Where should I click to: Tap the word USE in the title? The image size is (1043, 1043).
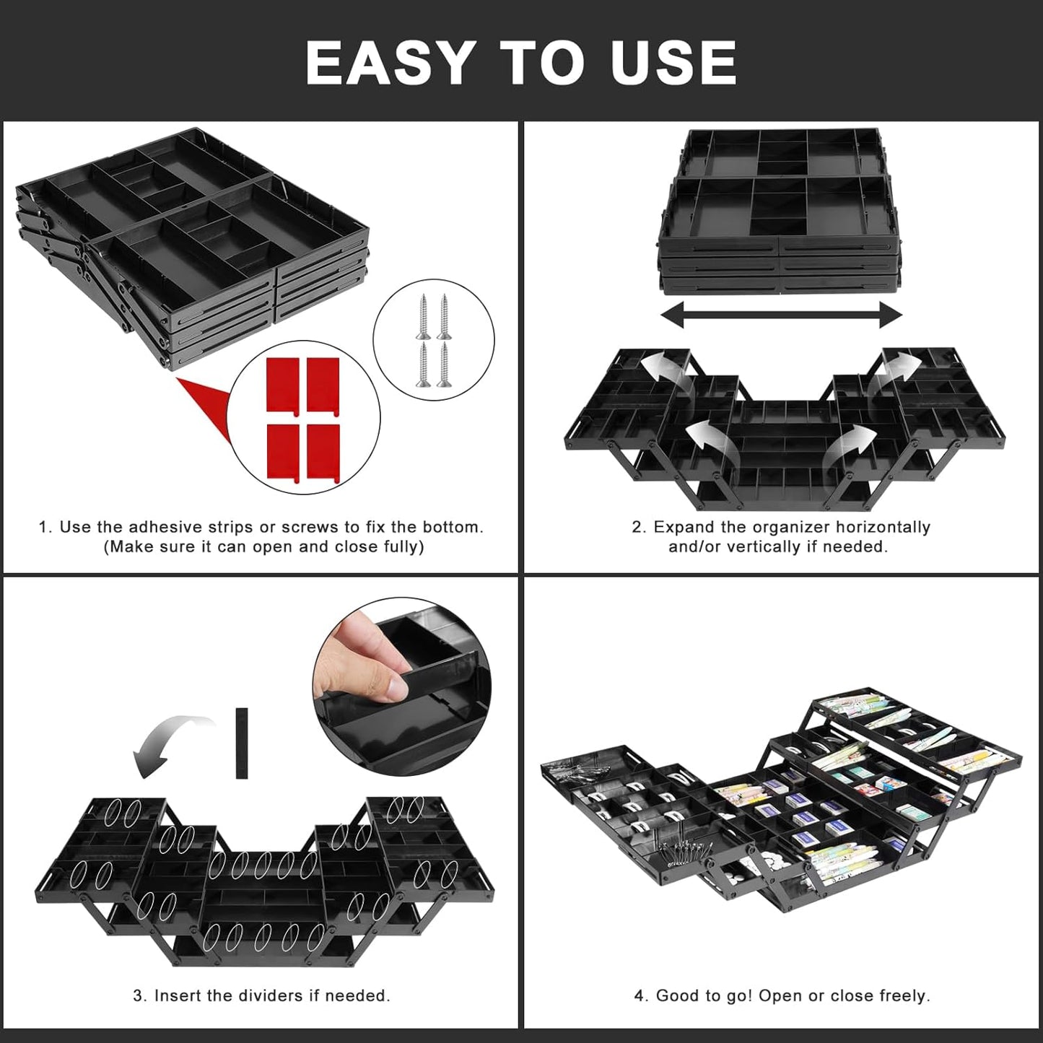673,63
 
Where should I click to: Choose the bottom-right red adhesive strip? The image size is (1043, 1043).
323,452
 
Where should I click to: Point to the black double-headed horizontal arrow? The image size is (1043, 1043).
782,315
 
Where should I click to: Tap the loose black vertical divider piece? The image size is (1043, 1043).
242,743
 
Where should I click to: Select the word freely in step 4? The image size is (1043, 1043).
903,995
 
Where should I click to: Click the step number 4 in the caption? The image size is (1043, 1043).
639,995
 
